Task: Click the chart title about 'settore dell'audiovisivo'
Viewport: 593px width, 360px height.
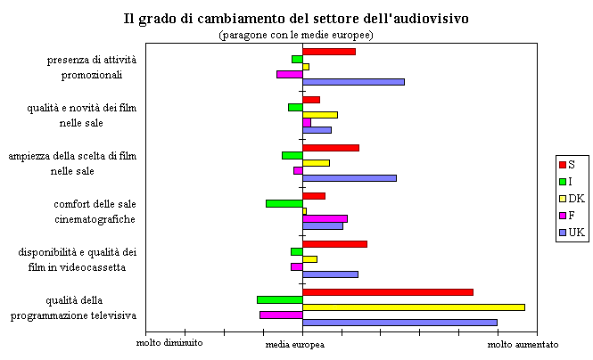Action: click(296, 18)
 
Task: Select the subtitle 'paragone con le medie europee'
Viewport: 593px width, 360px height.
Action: click(296, 35)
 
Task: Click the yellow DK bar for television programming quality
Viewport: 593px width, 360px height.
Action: click(413, 307)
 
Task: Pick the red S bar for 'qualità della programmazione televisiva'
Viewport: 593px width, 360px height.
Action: click(387, 291)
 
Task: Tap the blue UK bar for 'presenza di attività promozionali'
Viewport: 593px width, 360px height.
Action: click(353, 82)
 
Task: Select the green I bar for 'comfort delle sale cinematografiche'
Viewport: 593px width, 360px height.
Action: click(284, 203)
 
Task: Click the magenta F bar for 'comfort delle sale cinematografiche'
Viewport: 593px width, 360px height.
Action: click(325, 218)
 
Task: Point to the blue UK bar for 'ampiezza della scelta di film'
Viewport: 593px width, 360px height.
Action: click(349, 177)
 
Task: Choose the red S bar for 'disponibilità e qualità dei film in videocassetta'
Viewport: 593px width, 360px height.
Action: click(334, 243)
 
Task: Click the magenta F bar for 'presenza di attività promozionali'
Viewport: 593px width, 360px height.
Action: click(289, 74)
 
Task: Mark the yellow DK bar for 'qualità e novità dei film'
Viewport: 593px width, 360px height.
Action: click(319, 114)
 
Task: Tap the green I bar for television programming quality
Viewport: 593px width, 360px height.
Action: click(279, 299)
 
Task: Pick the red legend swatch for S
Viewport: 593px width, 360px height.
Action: click(563, 165)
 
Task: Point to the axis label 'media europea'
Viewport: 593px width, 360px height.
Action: click(296, 344)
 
